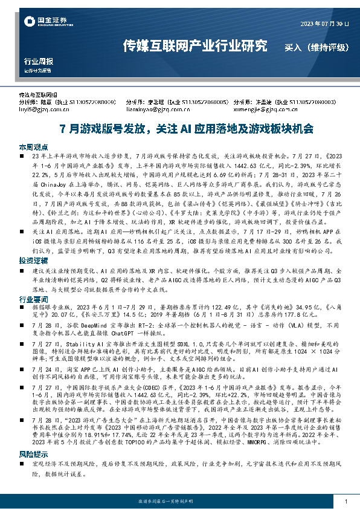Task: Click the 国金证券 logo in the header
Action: pos(42,23)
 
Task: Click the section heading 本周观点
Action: pos(33,147)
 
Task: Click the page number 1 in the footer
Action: pos(344,501)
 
